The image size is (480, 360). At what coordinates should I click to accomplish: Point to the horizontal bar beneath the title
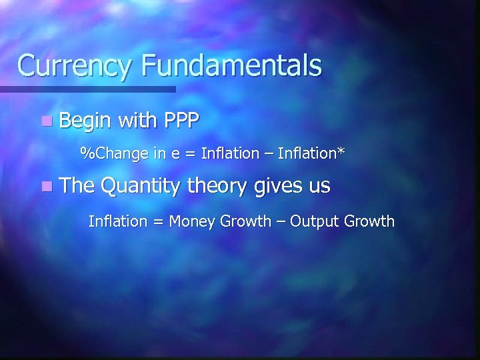click(x=87, y=89)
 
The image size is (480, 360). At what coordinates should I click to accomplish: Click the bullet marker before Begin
click(x=45, y=122)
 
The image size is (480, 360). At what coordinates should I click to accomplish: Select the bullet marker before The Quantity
click(x=45, y=187)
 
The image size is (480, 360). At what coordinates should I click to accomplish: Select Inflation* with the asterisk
click(x=313, y=153)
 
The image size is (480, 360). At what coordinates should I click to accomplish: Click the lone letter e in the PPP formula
click(x=175, y=155)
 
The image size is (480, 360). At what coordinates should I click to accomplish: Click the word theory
click(x=217, y=187)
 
